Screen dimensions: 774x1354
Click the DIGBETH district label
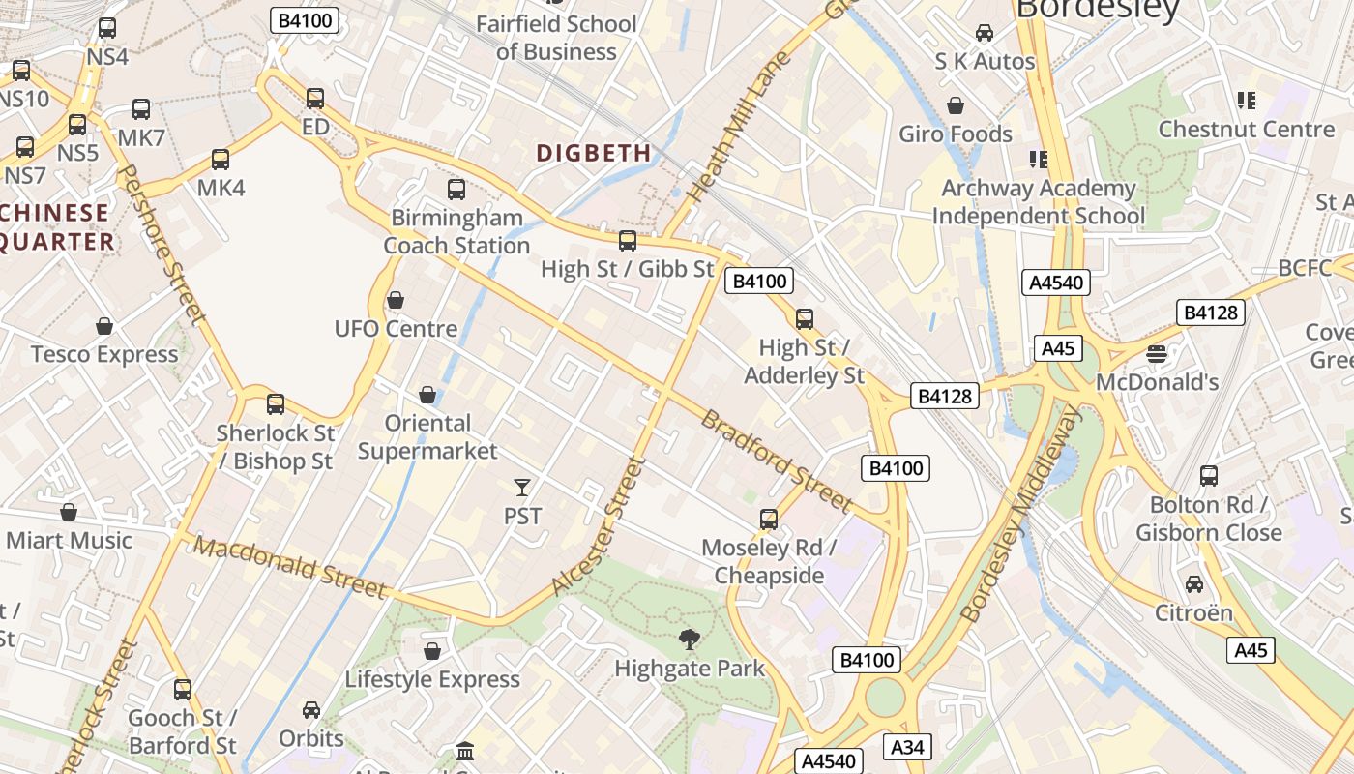[x=594, y=153]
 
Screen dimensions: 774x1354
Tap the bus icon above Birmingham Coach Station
[x=456, y=190]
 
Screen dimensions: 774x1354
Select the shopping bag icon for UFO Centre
[x=395, y=301]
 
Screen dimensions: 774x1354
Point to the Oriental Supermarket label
[x=427, y=437]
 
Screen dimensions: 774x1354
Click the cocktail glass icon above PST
[x=522, y=487]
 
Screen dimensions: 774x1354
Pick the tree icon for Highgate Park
[x=689, y=639]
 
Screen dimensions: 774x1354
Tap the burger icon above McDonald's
[x=1156, y=354]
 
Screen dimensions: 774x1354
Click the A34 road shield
[x=907, y=747]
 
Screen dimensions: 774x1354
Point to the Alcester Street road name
[x=597, y=525]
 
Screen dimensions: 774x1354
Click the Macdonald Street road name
[x=289, y=567]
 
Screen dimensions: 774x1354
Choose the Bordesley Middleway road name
[x=1023, y=513]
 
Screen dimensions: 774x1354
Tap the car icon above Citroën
[x=1194, y=584]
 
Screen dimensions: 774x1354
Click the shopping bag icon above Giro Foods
[x=956, y=105]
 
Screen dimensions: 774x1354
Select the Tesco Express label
[x=104, y=354]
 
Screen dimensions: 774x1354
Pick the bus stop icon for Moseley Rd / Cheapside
[x=769, y=520]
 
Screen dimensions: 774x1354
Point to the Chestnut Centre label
[x=1247, y=129]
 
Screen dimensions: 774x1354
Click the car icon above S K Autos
[x=985, y=33]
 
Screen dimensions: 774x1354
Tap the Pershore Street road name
[x=161, y=243]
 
